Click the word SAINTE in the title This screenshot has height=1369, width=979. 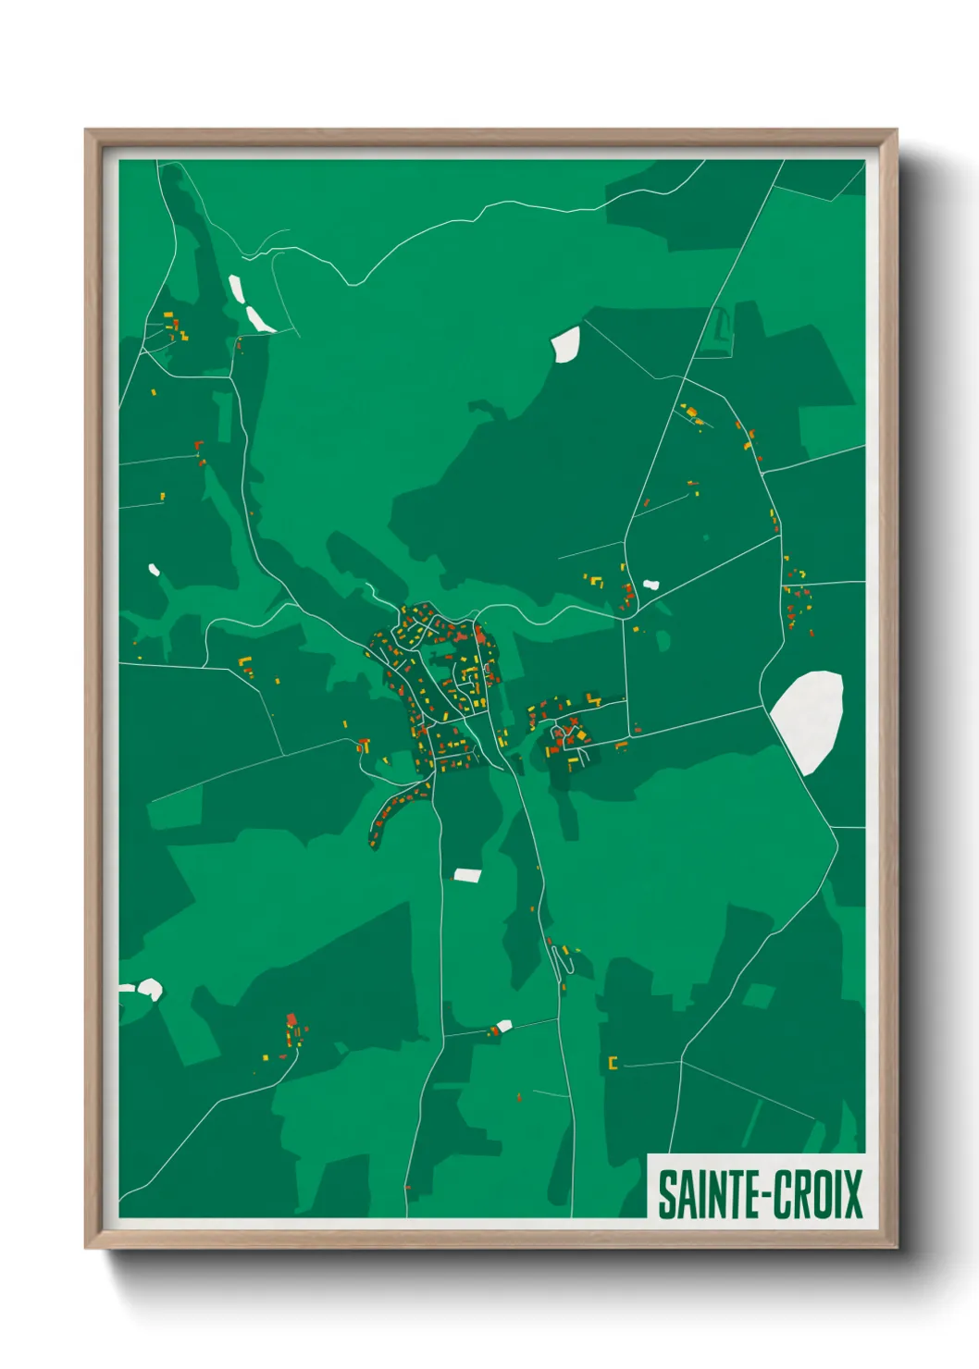(705, 1194)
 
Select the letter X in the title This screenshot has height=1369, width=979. (852, 1194)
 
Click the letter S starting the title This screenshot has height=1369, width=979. (665, 1194)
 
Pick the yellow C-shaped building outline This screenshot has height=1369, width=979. (612, 1063)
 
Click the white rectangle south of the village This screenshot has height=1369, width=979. (467, 874)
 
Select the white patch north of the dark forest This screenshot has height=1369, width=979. (565, 343)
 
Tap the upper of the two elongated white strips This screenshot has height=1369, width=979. (235, 289)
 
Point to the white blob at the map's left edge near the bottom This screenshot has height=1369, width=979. (148, 990)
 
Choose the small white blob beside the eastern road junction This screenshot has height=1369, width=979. (651, 585)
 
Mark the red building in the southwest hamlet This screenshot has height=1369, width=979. (291, 1019)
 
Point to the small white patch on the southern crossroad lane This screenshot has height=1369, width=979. (503, 1025)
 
